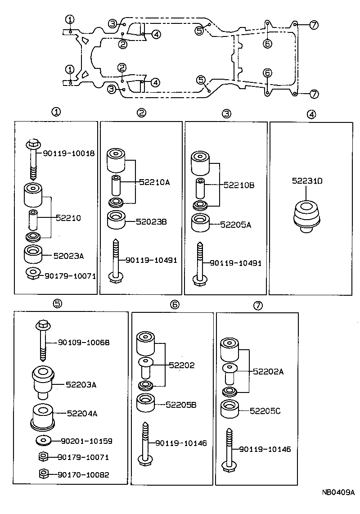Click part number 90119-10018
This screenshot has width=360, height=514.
(69, 153)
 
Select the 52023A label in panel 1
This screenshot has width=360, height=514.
(69, 256)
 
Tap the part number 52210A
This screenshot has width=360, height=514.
(154, 182)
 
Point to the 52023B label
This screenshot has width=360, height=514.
(151, 221)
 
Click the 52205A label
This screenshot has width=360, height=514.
(235, 224)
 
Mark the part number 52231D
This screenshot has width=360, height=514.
(307, 181)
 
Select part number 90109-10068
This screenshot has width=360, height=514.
(84, 343)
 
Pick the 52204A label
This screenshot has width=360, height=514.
(82, 413)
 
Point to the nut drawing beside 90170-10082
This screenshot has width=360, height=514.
(43, 473)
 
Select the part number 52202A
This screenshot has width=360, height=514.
(269, 372)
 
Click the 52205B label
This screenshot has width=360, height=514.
(181, 405)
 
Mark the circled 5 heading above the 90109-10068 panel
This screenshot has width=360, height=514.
(57, 303)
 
